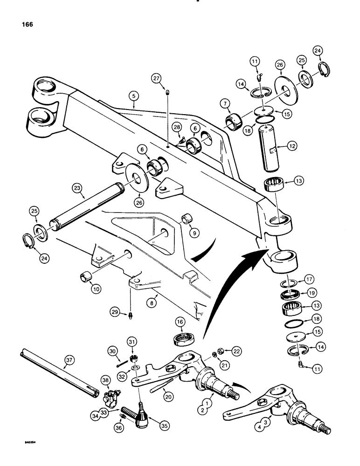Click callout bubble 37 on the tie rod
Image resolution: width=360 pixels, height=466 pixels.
tap(69, 359)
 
